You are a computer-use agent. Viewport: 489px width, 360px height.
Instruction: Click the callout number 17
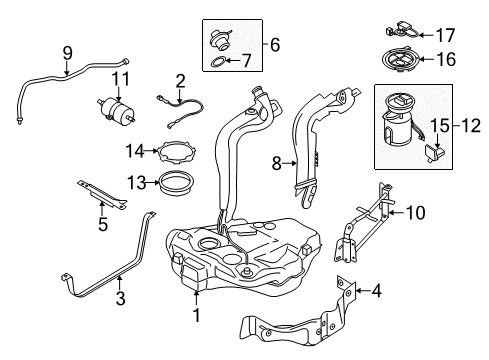click(445, 35)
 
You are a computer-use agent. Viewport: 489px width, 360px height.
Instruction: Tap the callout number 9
click(68, 53)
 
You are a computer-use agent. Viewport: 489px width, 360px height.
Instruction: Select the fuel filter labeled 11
click(116, 109)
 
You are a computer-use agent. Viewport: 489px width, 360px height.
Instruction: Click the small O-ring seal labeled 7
click(218, 62)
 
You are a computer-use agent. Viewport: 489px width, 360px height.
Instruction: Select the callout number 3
click(120, 298)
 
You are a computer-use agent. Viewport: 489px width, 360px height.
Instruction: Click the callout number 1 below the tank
click(197, 315)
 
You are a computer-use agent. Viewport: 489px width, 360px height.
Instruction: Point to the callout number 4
click(376, 291)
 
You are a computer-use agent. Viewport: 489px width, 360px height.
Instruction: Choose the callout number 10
click(415, 212)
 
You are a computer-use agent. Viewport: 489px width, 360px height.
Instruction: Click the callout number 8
click(277, 164)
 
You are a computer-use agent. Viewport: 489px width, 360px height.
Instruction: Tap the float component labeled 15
click(435, 153)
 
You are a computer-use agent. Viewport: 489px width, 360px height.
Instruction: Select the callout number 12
click(471, 126)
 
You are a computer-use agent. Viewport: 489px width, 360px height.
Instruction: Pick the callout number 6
click(275, 45)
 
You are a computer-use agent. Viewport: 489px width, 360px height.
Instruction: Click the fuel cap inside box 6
click(219, 40)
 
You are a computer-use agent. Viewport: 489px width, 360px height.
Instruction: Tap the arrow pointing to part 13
click(152, 182)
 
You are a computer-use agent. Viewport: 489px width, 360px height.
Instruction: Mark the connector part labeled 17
click(403, 30)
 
